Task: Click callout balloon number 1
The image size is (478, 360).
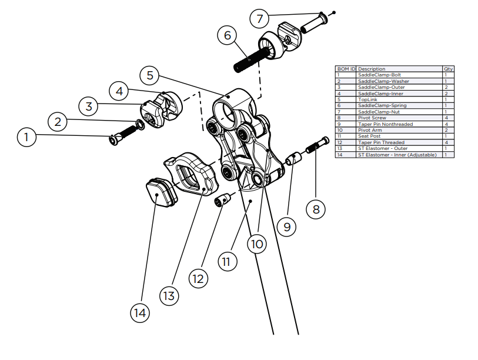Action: (x=26, y=138)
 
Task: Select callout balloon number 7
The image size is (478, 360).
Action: (x=260, y=18)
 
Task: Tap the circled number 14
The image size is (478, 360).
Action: (x=139, y=313)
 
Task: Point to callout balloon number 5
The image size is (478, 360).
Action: (x=150, y=75)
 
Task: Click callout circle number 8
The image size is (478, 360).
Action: (x=316, y=209)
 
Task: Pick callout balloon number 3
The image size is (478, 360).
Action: (x=89, y=106)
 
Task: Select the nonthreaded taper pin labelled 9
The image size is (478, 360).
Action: (x=293, y=159)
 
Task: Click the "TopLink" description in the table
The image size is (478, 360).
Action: (x=369, y=99)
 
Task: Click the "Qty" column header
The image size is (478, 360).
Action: (x=449, y=69)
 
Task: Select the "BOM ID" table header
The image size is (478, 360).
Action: (x=346, y=69)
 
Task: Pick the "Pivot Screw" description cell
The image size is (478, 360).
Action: (x=372, y=118)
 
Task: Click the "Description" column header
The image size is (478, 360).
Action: (x=372, y=69)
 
